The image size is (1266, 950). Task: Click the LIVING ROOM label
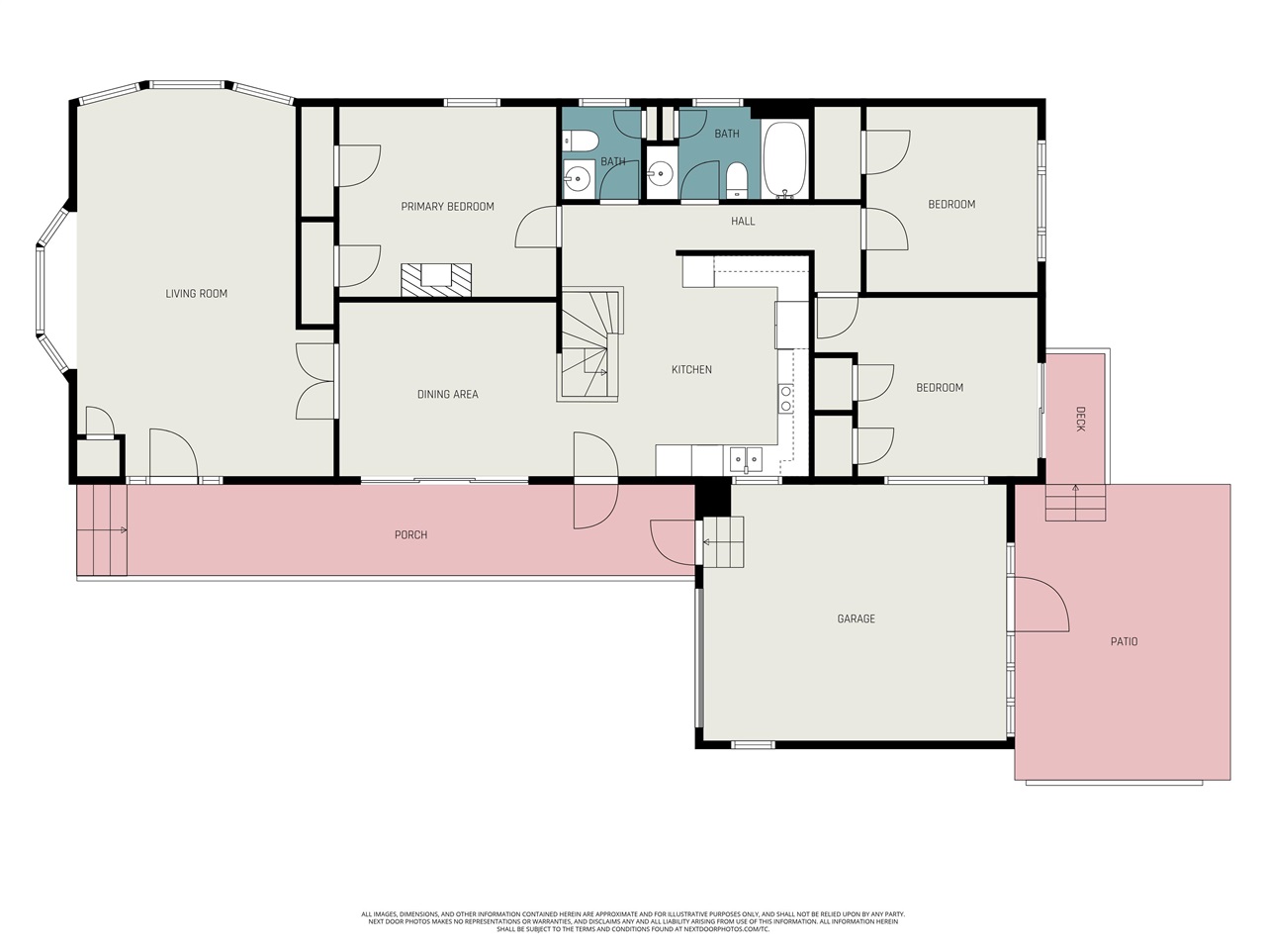(x=196, y=294)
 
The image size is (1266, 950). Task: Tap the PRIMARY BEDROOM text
(x=448, y=207)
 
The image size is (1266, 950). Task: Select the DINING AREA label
(x=448, y=395)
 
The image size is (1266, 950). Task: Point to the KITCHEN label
(x=691, y=370)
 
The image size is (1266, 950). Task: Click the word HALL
(x=743, y=221)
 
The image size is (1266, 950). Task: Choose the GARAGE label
(x=856, y=618)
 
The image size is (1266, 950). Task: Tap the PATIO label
(x=1125, y=641)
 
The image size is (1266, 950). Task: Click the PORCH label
(x=410, y=535)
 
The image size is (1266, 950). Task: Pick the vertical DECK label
(x=1080, y=419)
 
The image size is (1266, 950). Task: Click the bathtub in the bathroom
(x=784, y=159)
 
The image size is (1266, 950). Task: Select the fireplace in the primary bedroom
(x=436, y=280)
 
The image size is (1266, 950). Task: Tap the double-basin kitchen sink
(x=746, y=459)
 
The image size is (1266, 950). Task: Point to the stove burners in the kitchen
(x=785, y=399)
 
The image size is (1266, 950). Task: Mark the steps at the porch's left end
(x=102, y=530)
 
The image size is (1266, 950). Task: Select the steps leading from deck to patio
(x=1076, y=503)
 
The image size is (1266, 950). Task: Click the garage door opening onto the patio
(x=1041, y=605)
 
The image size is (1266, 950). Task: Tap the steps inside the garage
(x=723, y=542)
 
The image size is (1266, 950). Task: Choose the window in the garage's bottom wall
(x=753, y=744)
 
